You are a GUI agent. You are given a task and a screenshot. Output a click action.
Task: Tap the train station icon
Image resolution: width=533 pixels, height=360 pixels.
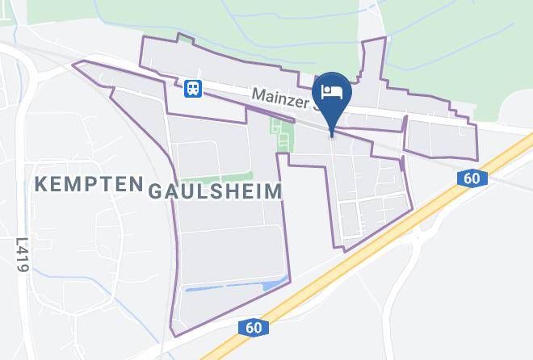coord(192,88)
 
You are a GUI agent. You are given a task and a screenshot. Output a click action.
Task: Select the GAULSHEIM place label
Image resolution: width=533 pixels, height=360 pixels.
coord(215,191)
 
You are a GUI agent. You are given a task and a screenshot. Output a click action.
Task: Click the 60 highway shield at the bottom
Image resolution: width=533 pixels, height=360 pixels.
coord(252,327)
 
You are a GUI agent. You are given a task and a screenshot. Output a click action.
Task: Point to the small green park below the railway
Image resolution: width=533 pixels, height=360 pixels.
coord(280,134)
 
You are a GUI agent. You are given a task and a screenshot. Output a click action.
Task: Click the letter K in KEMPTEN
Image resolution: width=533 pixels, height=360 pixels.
coord(41,186)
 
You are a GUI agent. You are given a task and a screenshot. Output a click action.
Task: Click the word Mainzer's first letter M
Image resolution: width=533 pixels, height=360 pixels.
coord(258,94)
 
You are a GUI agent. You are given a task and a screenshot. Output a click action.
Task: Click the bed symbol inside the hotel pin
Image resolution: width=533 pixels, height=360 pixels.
coord(333,91)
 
